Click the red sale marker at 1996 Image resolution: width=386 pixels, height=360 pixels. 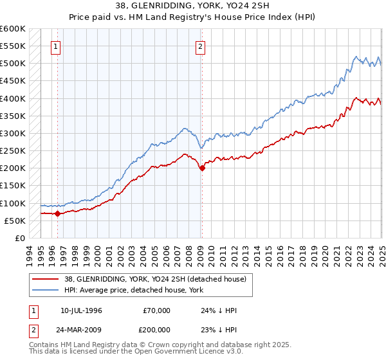[58, 213]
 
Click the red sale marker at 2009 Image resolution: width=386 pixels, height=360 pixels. [202, 168]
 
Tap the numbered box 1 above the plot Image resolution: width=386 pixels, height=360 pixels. [56, 46]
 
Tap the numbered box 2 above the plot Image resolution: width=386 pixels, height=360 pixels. [201, 46]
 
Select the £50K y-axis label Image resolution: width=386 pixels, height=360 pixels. [15, 221]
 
